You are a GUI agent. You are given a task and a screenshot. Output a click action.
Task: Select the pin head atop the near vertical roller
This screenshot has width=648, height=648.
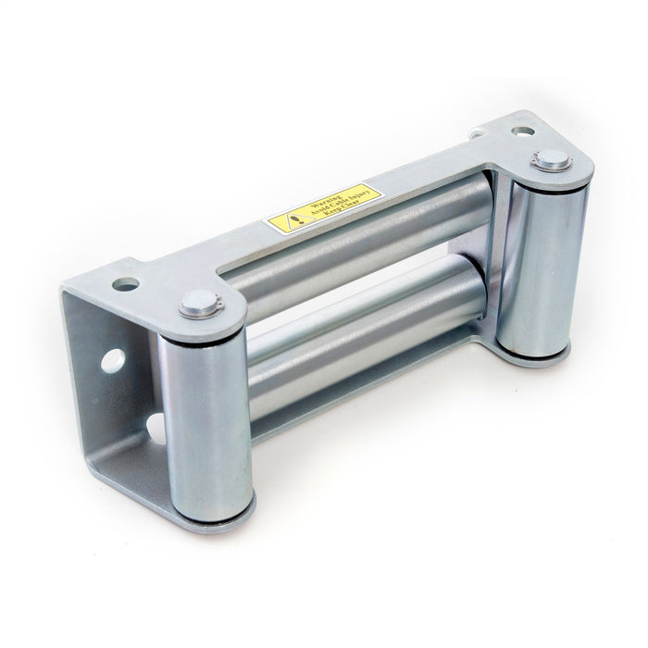pyautogui.click(x=198, y=302)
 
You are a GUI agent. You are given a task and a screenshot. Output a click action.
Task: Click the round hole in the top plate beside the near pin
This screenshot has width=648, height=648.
pyautogui.click(x=127, y=284)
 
